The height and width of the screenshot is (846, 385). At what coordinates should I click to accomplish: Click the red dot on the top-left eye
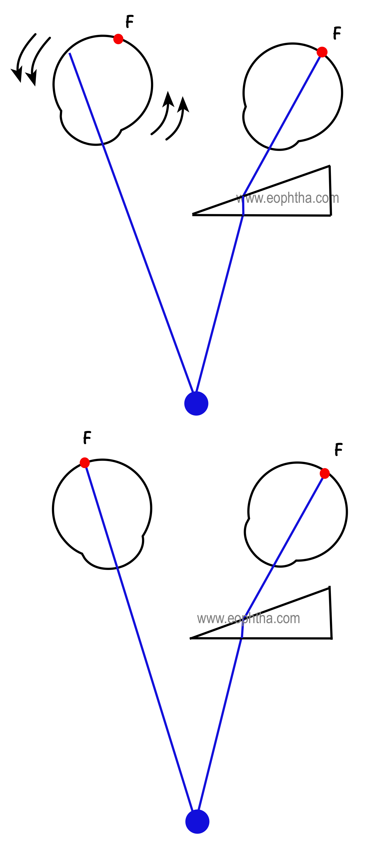pos(118,39)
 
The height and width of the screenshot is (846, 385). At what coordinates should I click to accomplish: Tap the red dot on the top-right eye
pos(322,52)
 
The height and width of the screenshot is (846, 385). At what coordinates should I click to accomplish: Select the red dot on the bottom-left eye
pos(85,462)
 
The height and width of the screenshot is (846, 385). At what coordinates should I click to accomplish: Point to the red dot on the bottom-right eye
pos(325,473)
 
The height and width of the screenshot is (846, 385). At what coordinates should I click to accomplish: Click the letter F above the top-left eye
pos(130,21)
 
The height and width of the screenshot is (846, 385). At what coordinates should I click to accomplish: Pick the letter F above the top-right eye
pos(337,33)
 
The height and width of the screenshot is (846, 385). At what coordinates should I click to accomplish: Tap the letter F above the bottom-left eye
pos(87,438)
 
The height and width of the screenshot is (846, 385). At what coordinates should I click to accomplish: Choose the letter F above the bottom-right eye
pos(339,449)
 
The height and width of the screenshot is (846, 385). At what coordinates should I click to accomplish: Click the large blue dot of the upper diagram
pos(196,403)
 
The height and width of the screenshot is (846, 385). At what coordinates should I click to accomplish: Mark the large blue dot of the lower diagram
pos(197,821)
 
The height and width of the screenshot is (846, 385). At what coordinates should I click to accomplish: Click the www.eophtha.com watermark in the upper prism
pos(287,198)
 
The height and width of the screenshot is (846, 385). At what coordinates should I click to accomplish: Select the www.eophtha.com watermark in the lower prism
pos(248,618)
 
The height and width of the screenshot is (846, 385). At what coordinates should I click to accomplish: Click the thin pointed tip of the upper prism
pos(193,214)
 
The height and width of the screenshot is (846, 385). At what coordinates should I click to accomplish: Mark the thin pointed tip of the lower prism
pos(191,638)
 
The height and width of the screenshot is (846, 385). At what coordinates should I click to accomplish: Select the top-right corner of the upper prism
pos(329,166)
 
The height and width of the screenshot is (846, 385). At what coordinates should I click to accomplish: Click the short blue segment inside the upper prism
pos(243,205)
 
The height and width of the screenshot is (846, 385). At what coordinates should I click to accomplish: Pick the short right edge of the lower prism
pos(330,613)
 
